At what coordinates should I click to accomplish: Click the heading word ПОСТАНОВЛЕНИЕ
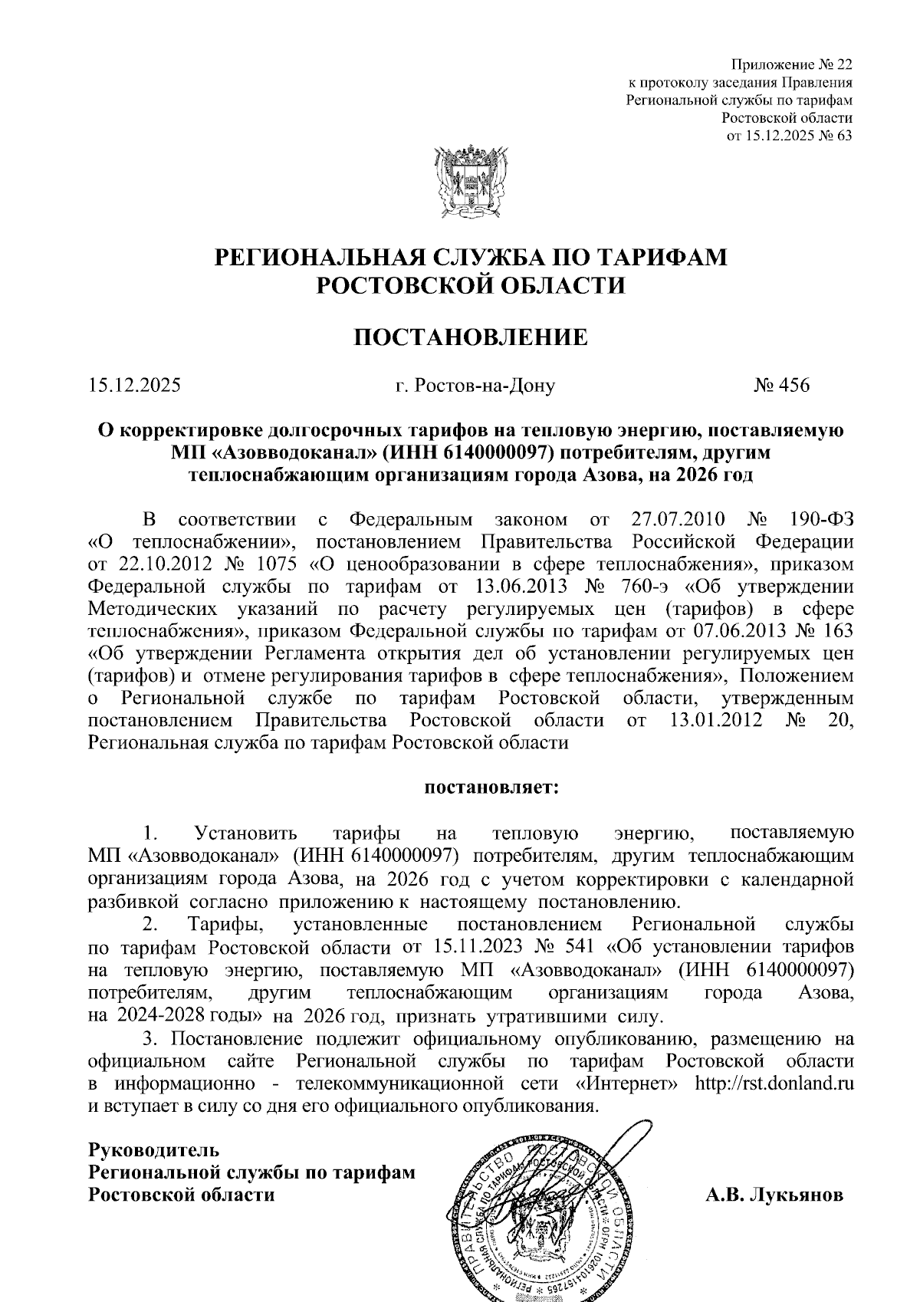pos(471,337)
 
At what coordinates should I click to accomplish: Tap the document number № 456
pos(781,385)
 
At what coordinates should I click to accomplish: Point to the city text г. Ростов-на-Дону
pos(475,385)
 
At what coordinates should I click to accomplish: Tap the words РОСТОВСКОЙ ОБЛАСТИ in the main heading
pos(471,285)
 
